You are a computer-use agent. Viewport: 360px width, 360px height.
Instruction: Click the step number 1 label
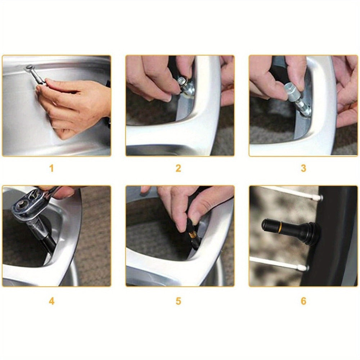[51, 168]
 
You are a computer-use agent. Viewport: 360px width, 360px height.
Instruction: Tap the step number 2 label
[178, 168]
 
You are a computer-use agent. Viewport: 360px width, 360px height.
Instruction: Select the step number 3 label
[303, 168]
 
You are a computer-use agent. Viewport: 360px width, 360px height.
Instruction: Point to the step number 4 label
[51, 301]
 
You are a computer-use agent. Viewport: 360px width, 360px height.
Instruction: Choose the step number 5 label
[178, 301]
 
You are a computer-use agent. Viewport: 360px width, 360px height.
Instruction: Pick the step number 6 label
[303, 301]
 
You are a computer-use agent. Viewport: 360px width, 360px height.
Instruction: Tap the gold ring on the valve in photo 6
[280, 226]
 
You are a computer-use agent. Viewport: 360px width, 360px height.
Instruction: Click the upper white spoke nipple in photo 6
[320, 197]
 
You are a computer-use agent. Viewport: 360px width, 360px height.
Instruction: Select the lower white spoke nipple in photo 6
[303, 267]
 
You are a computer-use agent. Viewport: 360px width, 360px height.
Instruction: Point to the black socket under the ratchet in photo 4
[48, 242]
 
